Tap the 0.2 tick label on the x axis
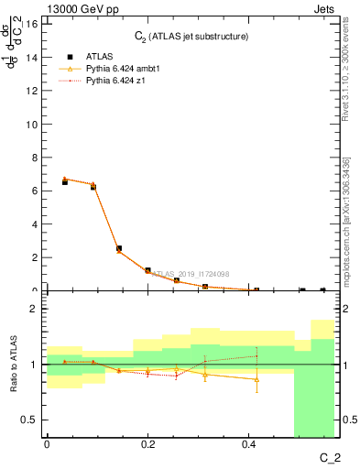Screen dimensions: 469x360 [147, 444]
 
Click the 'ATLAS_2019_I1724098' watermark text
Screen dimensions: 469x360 [191, 273]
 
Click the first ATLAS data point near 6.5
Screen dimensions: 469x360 [64, 182]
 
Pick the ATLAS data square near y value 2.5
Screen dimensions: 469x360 [119, 248]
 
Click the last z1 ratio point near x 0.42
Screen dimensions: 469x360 [256, 355]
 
